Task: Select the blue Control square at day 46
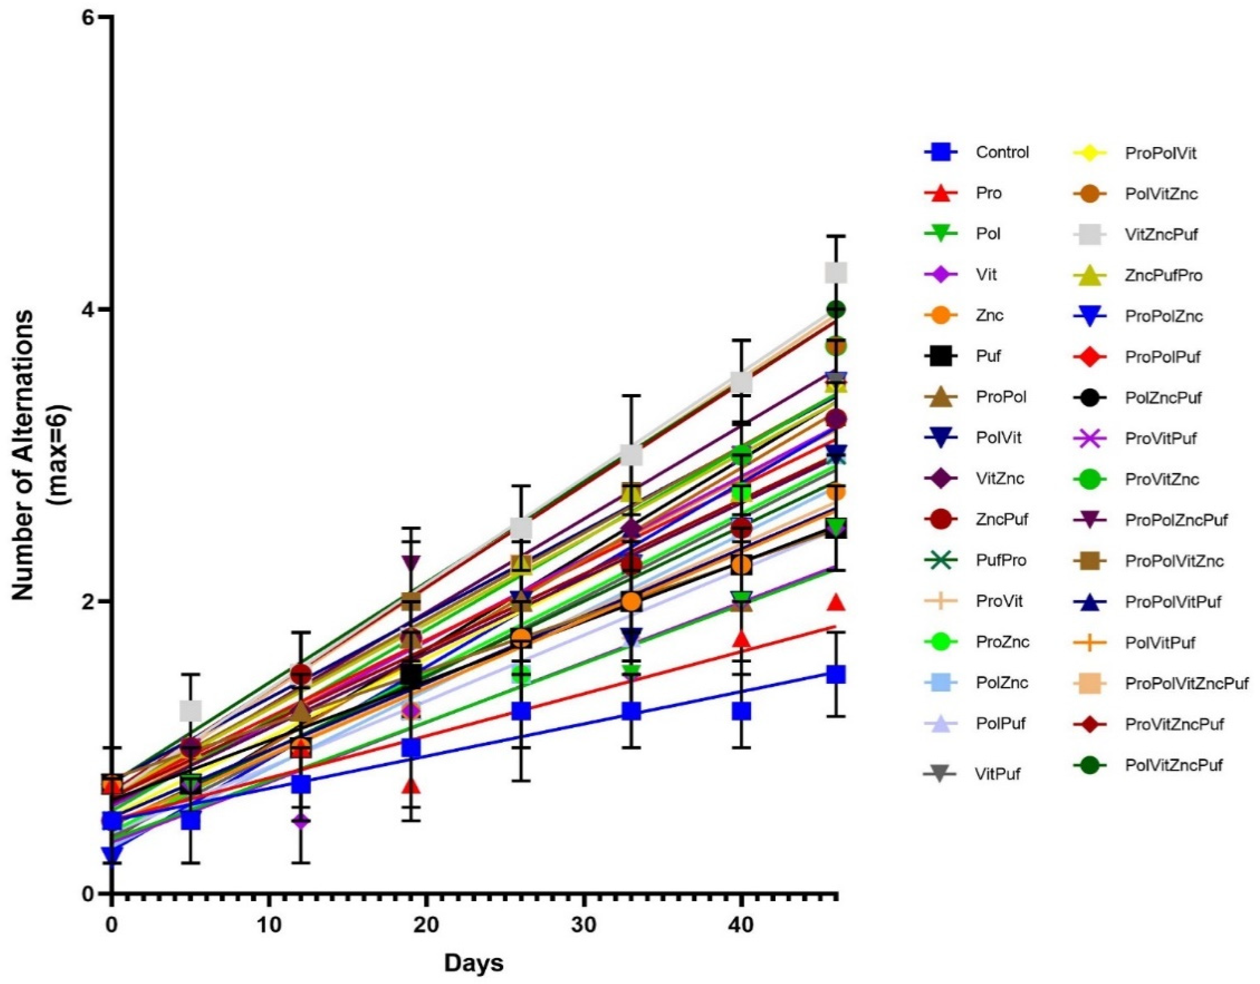click(836, 674)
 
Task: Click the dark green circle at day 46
click(836, 310)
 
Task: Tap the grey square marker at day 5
click(190, 711)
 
